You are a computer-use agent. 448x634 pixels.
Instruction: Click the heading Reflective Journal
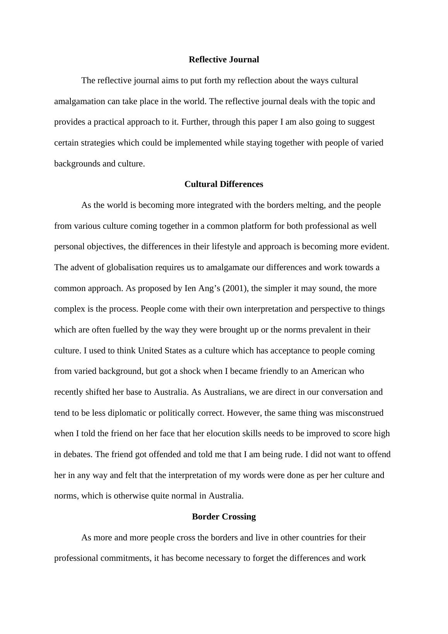(224, 60)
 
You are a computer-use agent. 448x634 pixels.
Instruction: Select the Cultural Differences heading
(224, 184)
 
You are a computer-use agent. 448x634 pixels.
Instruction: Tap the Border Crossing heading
(224, 517)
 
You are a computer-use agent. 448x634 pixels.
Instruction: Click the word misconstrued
(359, 413)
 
